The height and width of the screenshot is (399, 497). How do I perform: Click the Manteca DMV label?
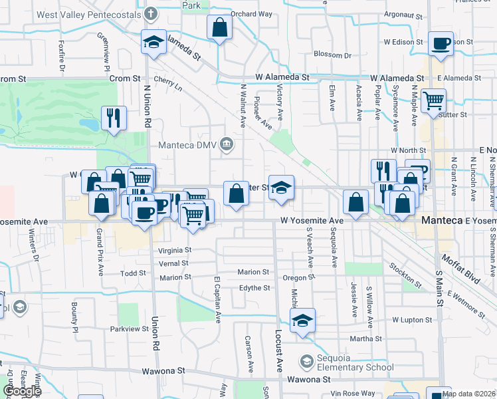pos(189,145)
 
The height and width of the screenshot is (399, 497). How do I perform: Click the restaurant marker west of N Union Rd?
pos(114,118)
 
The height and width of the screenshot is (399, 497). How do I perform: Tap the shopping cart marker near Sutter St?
pos(433,101)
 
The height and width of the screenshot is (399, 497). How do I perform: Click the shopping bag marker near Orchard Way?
pos(219,28)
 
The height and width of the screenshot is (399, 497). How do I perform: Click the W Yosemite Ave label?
pos(312,220)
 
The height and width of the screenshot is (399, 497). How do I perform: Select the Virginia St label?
pos(175,251)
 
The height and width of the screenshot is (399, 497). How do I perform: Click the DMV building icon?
pos(227,144)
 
